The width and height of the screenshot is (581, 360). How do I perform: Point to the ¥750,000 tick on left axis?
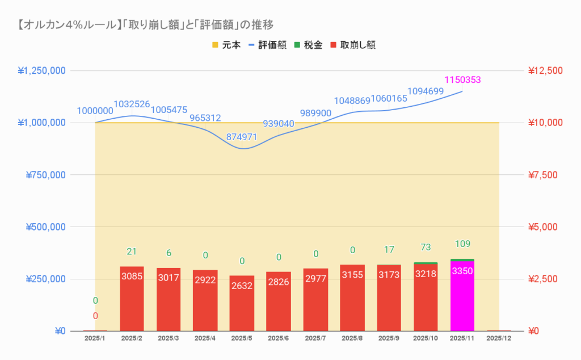coord(45,175)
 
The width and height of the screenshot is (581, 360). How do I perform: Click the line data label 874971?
coord(242,137)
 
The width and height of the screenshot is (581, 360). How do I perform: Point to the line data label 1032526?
coord(132,104)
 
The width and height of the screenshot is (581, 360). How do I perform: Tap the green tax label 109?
coord(462,244)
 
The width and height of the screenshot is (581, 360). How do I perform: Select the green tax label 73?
coord(426,247)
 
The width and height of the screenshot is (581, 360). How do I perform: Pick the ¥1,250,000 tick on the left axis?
coord(42,70)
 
